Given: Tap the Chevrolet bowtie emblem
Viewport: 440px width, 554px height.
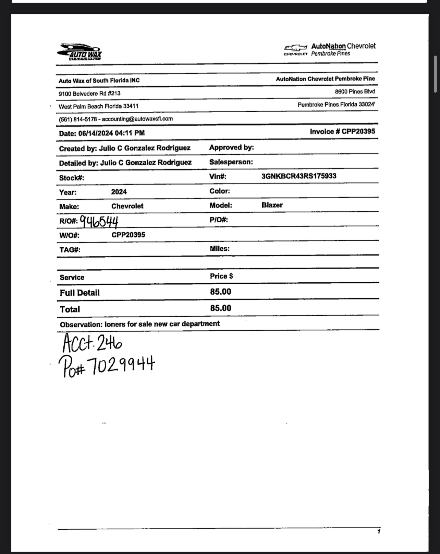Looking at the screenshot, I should point(295,48).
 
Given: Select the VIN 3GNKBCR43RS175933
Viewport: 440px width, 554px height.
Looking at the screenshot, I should point(298,176).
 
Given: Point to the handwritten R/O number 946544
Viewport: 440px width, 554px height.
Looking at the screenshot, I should point(99,222).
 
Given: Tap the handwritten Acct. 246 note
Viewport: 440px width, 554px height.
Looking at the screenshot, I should point(92,344).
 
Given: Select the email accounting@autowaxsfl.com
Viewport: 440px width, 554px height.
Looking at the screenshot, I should point(137,119).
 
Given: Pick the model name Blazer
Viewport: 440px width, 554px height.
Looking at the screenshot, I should point(272,205).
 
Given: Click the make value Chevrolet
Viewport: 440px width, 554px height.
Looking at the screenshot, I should point(127,206).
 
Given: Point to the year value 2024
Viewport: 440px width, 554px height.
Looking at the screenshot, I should point(119,192).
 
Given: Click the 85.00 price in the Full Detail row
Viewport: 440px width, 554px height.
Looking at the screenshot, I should point(221,292).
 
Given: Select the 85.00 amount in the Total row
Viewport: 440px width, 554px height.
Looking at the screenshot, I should point(221,308).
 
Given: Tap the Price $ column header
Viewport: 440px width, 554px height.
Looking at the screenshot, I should point(221,276).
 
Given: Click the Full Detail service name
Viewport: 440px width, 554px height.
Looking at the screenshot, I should point(80,293).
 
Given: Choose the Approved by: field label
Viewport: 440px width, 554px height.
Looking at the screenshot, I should point(231,148).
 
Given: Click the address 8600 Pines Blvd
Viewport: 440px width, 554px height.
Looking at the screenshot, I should point(355,92).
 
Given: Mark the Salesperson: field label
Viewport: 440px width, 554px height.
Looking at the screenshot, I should point(231,162).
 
